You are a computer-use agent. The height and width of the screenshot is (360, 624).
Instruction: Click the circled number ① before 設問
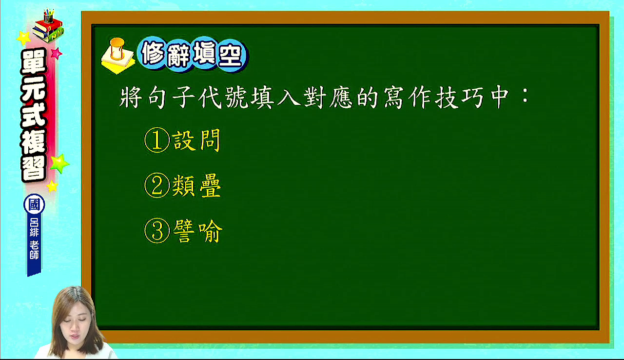point(157,140)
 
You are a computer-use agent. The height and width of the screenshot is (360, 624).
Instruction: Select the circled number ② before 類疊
point(157,185)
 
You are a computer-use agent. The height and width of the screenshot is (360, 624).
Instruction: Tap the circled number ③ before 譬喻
point(157,231)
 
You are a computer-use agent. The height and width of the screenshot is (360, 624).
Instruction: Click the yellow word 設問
point(196,140)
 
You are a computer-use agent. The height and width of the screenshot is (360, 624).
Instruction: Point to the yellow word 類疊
point(196,186)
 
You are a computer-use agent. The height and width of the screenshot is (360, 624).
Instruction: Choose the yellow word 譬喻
point(198,231)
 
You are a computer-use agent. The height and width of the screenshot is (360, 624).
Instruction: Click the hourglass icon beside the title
point(117,49)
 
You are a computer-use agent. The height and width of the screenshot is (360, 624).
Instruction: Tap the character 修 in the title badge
point(153,53)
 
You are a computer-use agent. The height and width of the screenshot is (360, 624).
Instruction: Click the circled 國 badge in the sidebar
point(34,204)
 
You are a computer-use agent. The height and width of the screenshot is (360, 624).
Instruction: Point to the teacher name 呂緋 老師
point(34,239)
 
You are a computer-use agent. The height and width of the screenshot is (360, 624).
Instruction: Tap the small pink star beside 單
point(57,53)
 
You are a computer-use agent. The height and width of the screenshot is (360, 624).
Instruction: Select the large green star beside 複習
point(59,163)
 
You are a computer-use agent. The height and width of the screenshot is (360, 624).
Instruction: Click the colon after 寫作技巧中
point(526,97)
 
